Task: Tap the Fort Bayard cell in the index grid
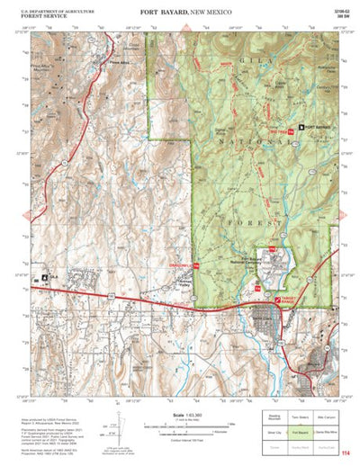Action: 301,431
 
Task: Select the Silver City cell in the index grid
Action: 275,431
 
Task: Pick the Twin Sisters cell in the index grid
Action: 301,417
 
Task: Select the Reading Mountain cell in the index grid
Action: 275,417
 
